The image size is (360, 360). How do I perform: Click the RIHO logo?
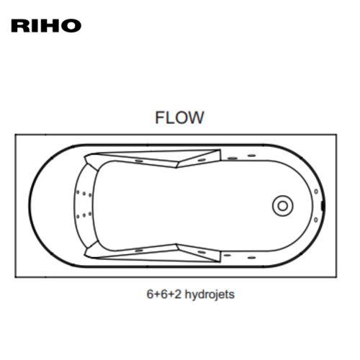click(x=46, y=25)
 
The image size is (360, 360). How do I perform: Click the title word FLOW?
click(x=179, y=117)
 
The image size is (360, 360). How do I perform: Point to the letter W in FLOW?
click(x=195, y=117)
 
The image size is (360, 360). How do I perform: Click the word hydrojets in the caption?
click(x=210, y=294)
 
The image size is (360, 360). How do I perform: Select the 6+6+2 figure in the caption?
click(x=164, y=294)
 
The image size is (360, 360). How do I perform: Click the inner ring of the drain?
click(x=282, y=206)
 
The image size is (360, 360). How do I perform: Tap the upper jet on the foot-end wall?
click(x=316, y=192)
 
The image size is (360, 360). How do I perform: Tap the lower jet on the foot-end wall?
click(x=316, y=220)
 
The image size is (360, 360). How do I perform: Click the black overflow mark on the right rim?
click(x=323, y=206)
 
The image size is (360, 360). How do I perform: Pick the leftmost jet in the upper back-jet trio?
click(x=78, y=192)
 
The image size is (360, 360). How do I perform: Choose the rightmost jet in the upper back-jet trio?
click(x=90, y=195)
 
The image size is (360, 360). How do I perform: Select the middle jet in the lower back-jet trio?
click(x=84, y=215)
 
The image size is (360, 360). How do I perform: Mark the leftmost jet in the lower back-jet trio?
click(x=78, y=217)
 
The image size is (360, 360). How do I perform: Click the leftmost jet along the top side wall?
click(x=139, y=161)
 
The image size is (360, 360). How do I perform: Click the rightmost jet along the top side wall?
click(x=251, y=156)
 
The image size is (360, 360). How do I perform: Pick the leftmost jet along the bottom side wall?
click(x=139, y=251)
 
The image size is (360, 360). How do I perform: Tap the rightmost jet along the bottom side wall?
click(x=251, y=258)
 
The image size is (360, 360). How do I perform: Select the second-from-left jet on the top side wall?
click(x=202, y=160)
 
